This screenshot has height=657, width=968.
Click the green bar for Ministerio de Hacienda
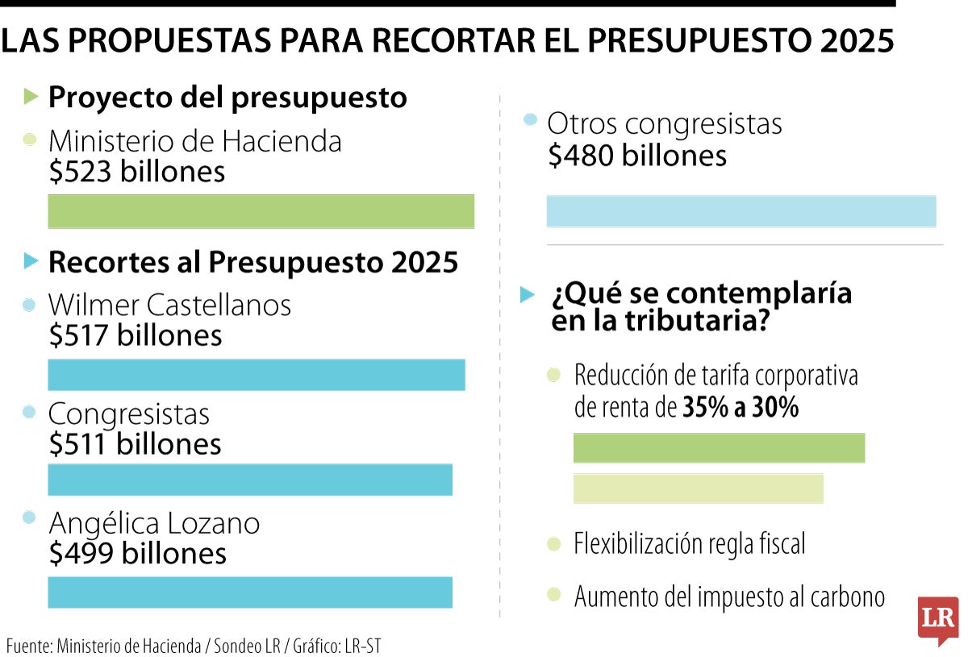[x=261, y=211]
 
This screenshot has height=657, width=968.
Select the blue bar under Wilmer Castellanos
[x=257, y=375]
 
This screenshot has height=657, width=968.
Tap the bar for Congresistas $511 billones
[x=250, y=480]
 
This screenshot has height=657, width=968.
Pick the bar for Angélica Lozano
[x=250, y=592]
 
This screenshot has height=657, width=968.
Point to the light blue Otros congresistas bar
[x=741, y=211]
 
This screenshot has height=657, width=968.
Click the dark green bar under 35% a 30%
[x=719, y=448]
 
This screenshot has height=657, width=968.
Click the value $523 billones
[x=137, y=172]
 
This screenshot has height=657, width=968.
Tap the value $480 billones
[x=636, y=156]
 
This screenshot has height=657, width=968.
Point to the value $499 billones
[x=137, y=554]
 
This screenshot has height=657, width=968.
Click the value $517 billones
[x=136, y=335]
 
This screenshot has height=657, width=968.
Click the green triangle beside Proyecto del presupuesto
[x=31, y=98]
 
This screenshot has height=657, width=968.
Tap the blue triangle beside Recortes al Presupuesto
[x=31, y=261]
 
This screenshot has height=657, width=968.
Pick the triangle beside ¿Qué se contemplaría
[x=527, y=294]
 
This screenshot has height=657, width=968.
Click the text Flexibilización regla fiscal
[x=690, y=544]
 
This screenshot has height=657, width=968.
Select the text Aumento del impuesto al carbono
[x=729, y=597]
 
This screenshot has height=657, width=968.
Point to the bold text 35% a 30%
[x=741, y=409]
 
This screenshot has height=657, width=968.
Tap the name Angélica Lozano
[x=154, y=524]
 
